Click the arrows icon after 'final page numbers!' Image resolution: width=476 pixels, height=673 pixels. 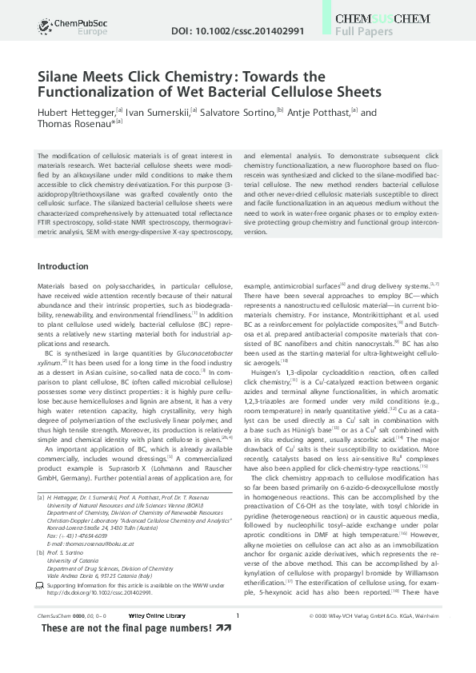[x=225, y=628]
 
